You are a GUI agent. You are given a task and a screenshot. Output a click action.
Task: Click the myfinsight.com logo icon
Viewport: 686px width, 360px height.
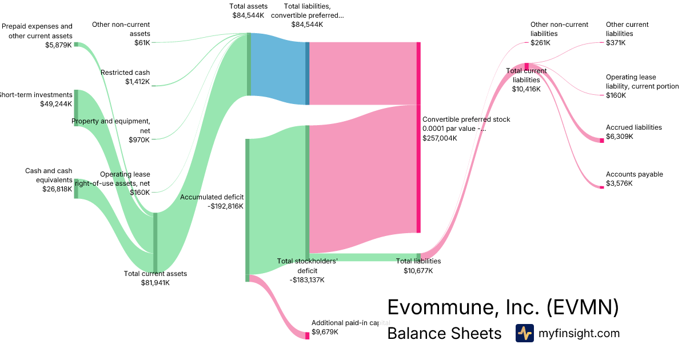(x=524, y=333)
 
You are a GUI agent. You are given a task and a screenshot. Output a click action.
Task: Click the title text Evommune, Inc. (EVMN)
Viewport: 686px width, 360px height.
(x=503, y=307)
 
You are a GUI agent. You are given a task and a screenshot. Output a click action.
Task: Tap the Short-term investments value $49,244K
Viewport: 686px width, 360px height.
(x=56, y=104)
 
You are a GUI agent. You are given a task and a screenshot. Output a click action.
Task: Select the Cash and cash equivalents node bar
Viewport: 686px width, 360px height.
(x=76, y=189)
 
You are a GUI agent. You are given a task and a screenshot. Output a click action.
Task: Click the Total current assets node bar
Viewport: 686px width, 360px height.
(x=155, y=242)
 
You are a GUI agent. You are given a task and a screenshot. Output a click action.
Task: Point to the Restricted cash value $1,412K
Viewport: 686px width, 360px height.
(x=137, y=82)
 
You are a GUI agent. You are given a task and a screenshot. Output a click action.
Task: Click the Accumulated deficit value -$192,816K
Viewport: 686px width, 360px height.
(x=225, y=206)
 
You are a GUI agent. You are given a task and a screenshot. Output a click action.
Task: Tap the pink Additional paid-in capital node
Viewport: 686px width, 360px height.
(x=307, y=335)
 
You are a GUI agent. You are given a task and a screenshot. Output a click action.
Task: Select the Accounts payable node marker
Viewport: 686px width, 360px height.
(x=602, y=187)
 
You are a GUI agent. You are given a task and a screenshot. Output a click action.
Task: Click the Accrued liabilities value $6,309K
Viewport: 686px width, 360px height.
(x=620, y=137)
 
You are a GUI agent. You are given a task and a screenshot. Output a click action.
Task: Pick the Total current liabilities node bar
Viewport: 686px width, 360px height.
(x=527, y=66)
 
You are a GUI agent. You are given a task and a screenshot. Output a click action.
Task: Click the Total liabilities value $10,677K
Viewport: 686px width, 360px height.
(x=418, y=270)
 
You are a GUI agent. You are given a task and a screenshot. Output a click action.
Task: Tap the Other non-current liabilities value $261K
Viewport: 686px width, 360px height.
(x=540, y=43)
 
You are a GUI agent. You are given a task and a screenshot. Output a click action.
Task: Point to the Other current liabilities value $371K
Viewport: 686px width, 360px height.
(x=616, y=43)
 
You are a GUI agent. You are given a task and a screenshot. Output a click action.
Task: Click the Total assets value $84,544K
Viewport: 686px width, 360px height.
(x=248, y=15)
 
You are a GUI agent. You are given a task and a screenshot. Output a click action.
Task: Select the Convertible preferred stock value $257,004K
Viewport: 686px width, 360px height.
(x=440, y=138)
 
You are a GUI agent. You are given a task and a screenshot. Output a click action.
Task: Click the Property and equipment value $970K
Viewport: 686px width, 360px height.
(x=139, y=140)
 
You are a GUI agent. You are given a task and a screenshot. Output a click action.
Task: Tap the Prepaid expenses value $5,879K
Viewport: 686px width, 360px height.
(x=58, y=45)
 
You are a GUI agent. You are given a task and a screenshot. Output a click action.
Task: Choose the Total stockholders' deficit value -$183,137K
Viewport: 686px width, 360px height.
(x=307, y=279)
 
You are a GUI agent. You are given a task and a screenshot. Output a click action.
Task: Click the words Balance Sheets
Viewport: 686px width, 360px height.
(x=444, y=333)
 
